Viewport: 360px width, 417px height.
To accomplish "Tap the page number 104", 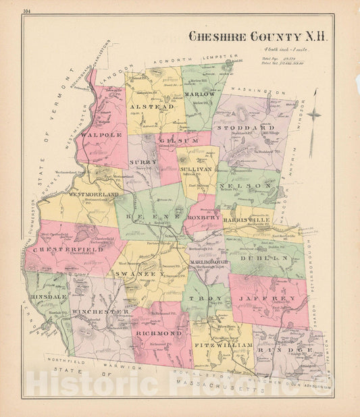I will [x=26, y=11].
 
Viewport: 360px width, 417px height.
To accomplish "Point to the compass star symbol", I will [x=313, y=113].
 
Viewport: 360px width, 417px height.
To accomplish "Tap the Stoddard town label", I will [x=255, y=127].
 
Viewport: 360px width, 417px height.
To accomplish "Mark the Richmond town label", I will [x=159, y=333].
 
